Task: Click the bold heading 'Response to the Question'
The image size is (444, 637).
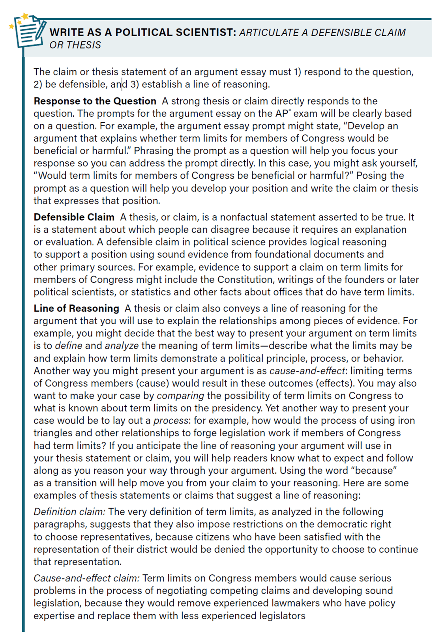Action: (95, 101)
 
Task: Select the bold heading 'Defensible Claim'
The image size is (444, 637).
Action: (74, 217)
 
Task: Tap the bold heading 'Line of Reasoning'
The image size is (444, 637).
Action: (76, 308)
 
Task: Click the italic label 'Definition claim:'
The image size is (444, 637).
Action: (69, 512)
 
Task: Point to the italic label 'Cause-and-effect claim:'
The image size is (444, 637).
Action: (86, 578)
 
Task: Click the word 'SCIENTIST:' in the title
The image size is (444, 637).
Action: (206, 32)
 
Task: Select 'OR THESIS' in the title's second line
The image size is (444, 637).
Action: (75, 45)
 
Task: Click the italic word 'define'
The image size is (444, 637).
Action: (69, 346)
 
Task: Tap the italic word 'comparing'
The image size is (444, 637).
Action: (180, 396)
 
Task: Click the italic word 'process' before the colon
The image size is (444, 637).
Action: (171, 420)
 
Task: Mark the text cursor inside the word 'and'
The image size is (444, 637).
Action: (122, 84)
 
